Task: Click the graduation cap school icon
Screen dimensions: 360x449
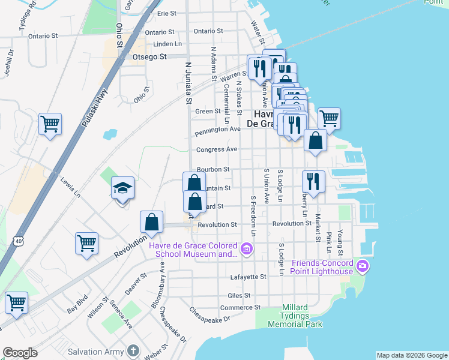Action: (x=122, y=189)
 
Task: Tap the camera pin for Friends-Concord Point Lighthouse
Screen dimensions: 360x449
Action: (x=362, y=265)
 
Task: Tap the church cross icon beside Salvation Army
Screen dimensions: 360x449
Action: (x=133, y=351)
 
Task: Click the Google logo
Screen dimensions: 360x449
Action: (x=20, y=353)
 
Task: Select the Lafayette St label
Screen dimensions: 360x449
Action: (x=248, y=277)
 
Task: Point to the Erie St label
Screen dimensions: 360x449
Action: (x=166, y=13)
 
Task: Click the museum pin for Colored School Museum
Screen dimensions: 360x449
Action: (x=246, y=248)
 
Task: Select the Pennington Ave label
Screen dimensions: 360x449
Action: (x=217, y=129)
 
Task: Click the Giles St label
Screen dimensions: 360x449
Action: (x=238, y=296)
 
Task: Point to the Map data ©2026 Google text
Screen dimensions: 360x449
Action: (x=411, y=355)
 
